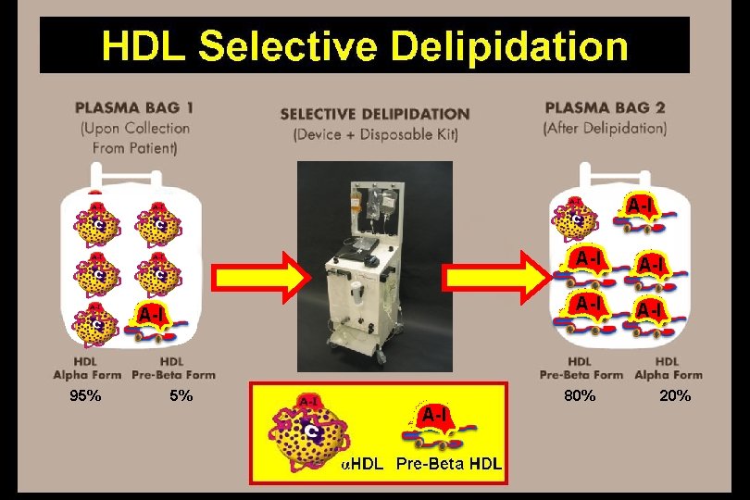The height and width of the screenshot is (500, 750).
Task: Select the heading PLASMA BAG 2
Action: pyautogui.click(x=606, y=108)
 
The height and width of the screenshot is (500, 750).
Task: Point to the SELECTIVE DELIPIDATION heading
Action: pyautogui.click(x=375, y=114)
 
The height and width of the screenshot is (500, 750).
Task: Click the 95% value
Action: pyautogui.click(x=86, y=396)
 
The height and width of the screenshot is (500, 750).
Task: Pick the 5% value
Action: pyautogui.click(x=181, y=396)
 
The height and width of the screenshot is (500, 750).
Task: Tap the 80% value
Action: pyautogui.click(x=580, y=396)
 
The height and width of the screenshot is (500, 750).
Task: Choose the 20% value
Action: pyautogui.click(x=674, y=396)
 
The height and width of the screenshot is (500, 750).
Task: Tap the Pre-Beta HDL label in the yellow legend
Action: pyautogui.click(x=449, y=464)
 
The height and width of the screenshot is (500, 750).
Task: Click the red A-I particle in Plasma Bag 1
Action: pyautogui.click(x=154, y=320)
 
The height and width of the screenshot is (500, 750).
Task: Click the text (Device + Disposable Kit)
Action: pyautogui.click(x=375, y=134)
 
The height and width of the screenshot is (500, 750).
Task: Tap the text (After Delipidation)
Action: pyautogui.click(x=606, y=129)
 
